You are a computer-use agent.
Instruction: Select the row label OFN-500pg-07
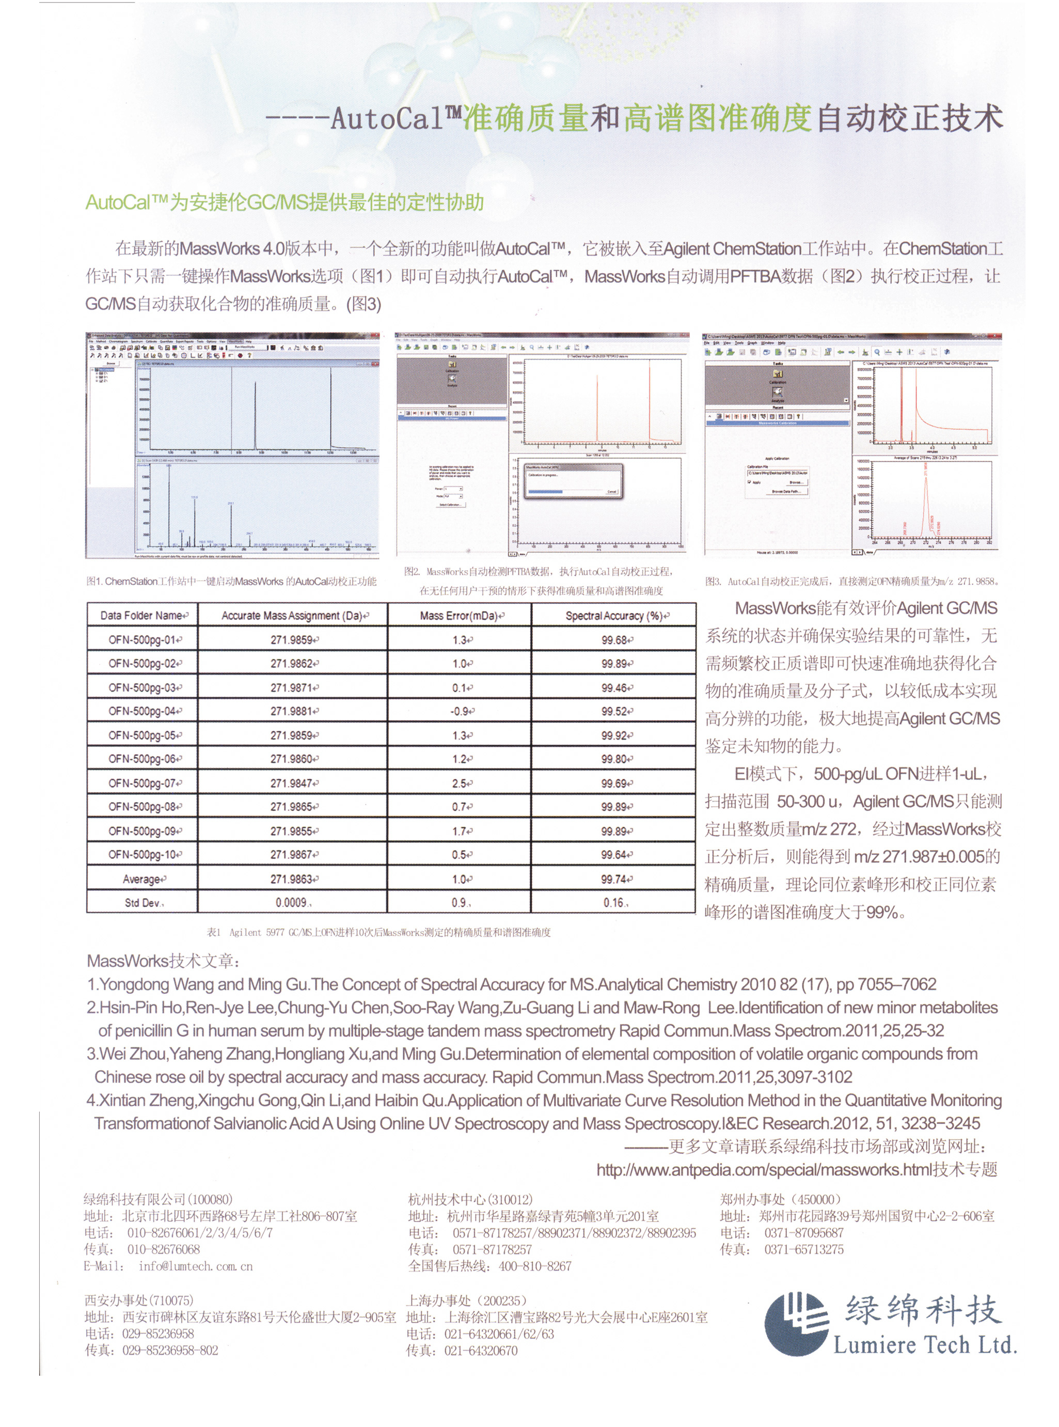(x=143, y=783)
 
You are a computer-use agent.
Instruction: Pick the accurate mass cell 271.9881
(x=292, y=711)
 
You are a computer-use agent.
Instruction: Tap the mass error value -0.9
(x=460, y=711)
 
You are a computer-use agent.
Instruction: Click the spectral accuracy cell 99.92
(x=614, y=735)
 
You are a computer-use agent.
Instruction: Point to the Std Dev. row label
(x=143, y=903)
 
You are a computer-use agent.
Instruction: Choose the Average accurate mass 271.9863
(x=292, y=879)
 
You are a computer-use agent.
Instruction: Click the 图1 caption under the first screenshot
(x=231, y=582)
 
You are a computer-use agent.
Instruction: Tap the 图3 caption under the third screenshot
(x=852, y=582)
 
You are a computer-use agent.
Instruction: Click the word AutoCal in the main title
(x=387, y=119)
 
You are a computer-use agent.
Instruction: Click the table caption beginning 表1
(x=378, y=932)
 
